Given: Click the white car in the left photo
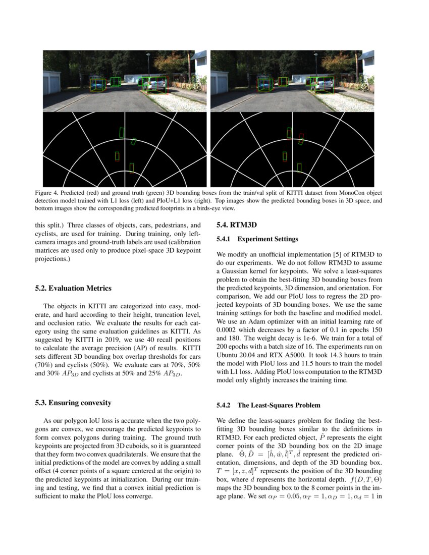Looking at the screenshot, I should pos(154,84).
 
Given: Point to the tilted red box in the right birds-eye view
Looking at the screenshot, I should pos(301,138).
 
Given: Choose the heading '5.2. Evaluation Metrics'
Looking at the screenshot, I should pos(73,288).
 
